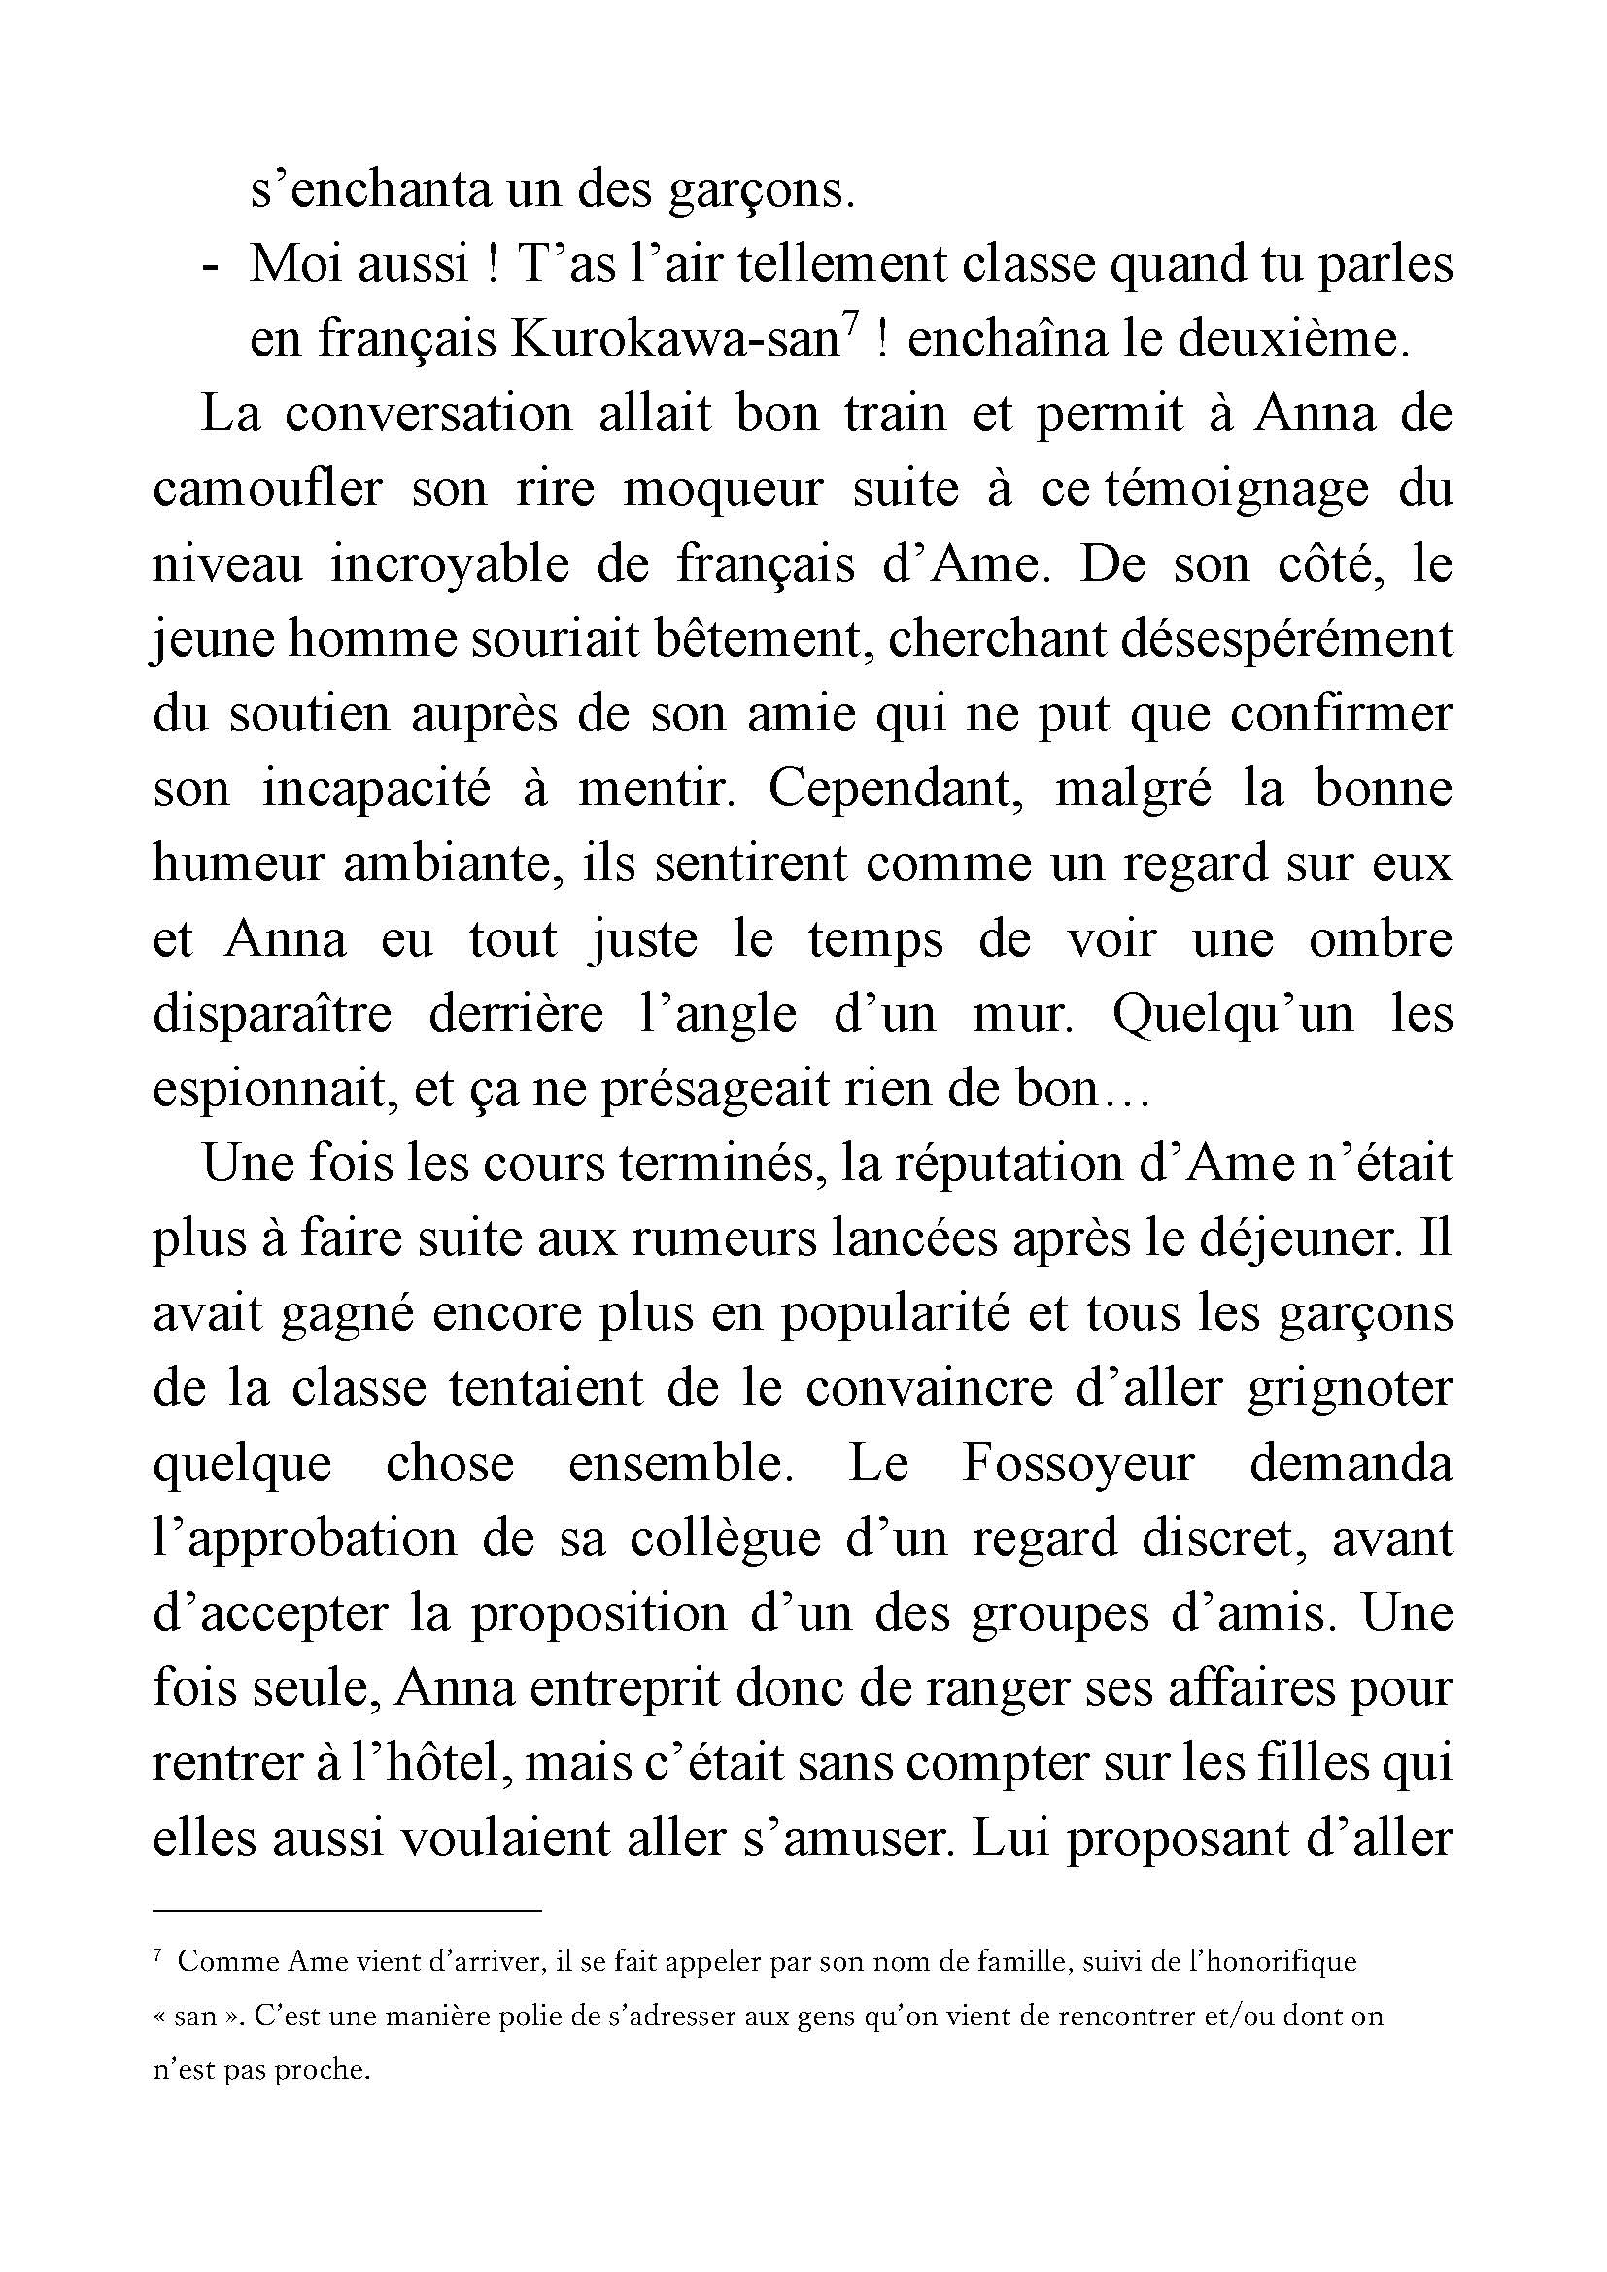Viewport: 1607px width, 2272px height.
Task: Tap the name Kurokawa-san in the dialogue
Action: click(675, 339)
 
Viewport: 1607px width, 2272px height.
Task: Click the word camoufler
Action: click(267, 490)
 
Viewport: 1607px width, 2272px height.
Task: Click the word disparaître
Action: click(272, 1014)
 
